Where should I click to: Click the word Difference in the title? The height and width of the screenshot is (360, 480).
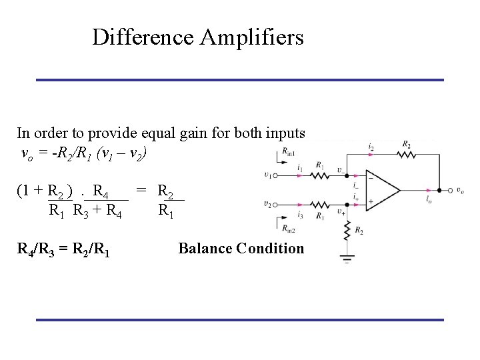143,37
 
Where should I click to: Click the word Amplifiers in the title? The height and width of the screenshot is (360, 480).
251,37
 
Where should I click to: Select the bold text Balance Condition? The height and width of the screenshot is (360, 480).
241,249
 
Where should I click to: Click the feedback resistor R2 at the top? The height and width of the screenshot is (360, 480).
405,154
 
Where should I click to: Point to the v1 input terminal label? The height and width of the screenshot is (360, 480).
267,176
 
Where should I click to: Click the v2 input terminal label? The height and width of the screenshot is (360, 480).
267,205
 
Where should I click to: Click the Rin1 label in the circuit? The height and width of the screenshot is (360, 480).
289,153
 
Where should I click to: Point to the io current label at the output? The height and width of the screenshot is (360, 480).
428,200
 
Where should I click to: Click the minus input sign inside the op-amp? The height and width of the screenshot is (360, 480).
370,179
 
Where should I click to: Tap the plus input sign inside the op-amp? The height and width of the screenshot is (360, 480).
370,202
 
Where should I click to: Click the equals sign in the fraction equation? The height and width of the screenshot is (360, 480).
141,192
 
